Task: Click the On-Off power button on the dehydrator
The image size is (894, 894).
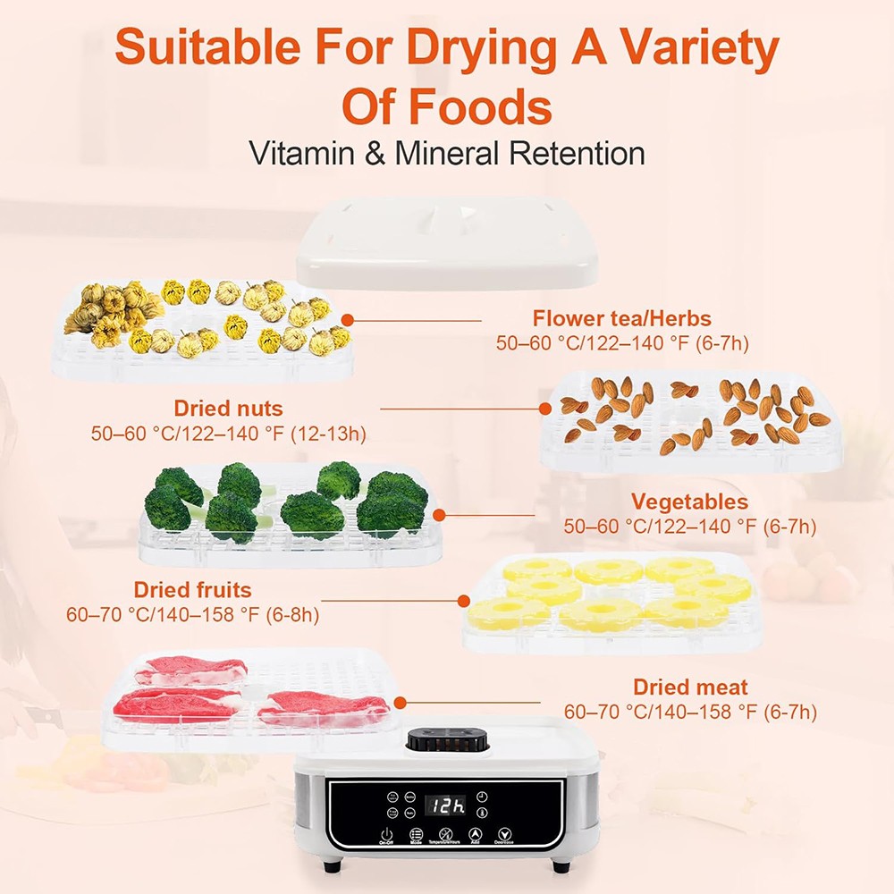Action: (386, 834)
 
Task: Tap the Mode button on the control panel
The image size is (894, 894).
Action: (416, 834)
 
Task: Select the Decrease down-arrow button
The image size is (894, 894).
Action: (504, 834)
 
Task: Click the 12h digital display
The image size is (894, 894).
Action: (444, 805)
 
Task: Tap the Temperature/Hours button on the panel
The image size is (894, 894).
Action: (445, 834)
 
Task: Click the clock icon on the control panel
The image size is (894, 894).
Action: (482, 796)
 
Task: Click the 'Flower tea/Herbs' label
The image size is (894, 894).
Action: (622, 318)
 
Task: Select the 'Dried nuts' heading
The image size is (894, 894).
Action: (228, 409)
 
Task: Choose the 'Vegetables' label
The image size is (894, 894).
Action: (689, 502)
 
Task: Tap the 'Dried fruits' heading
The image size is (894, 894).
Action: (192, 590)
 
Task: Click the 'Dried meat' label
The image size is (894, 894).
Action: (690, 687)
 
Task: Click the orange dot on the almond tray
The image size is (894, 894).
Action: (545, 409)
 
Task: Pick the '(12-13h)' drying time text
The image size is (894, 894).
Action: (325, 434)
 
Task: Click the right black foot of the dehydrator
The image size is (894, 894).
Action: (561, 865)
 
